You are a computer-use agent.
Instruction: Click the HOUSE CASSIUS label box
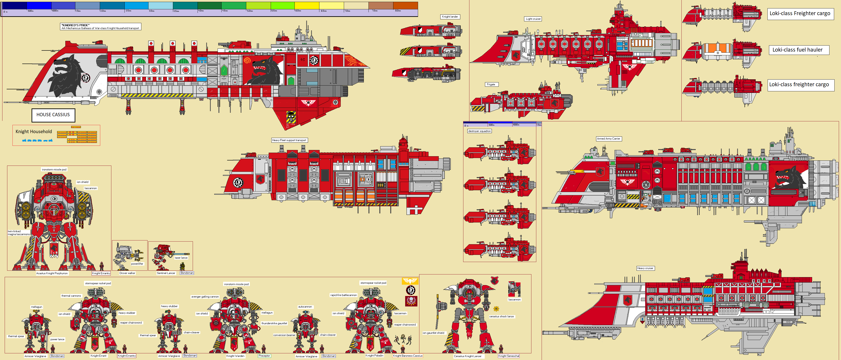[x=53, y=115]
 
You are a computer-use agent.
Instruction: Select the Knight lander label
[x=450, y=17]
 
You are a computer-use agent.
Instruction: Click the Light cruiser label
[x=533, y=19]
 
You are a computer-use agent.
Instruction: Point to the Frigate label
[x=491, y=84]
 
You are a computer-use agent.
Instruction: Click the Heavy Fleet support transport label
[x=289, y=140]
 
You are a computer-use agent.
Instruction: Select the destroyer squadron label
[x=479, y=131]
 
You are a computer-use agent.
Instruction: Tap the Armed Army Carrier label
[x=608, y=139]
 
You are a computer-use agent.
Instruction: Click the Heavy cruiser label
[x=645, y=268]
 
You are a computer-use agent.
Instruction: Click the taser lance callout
[x=181, y=258]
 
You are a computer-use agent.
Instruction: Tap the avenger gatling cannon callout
[x=205, y=297]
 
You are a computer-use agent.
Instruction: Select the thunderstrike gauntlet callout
[x=274, y=324]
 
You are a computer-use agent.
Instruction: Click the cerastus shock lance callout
[x=501, y=317]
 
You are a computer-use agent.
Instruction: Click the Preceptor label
[x=264, y=356]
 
